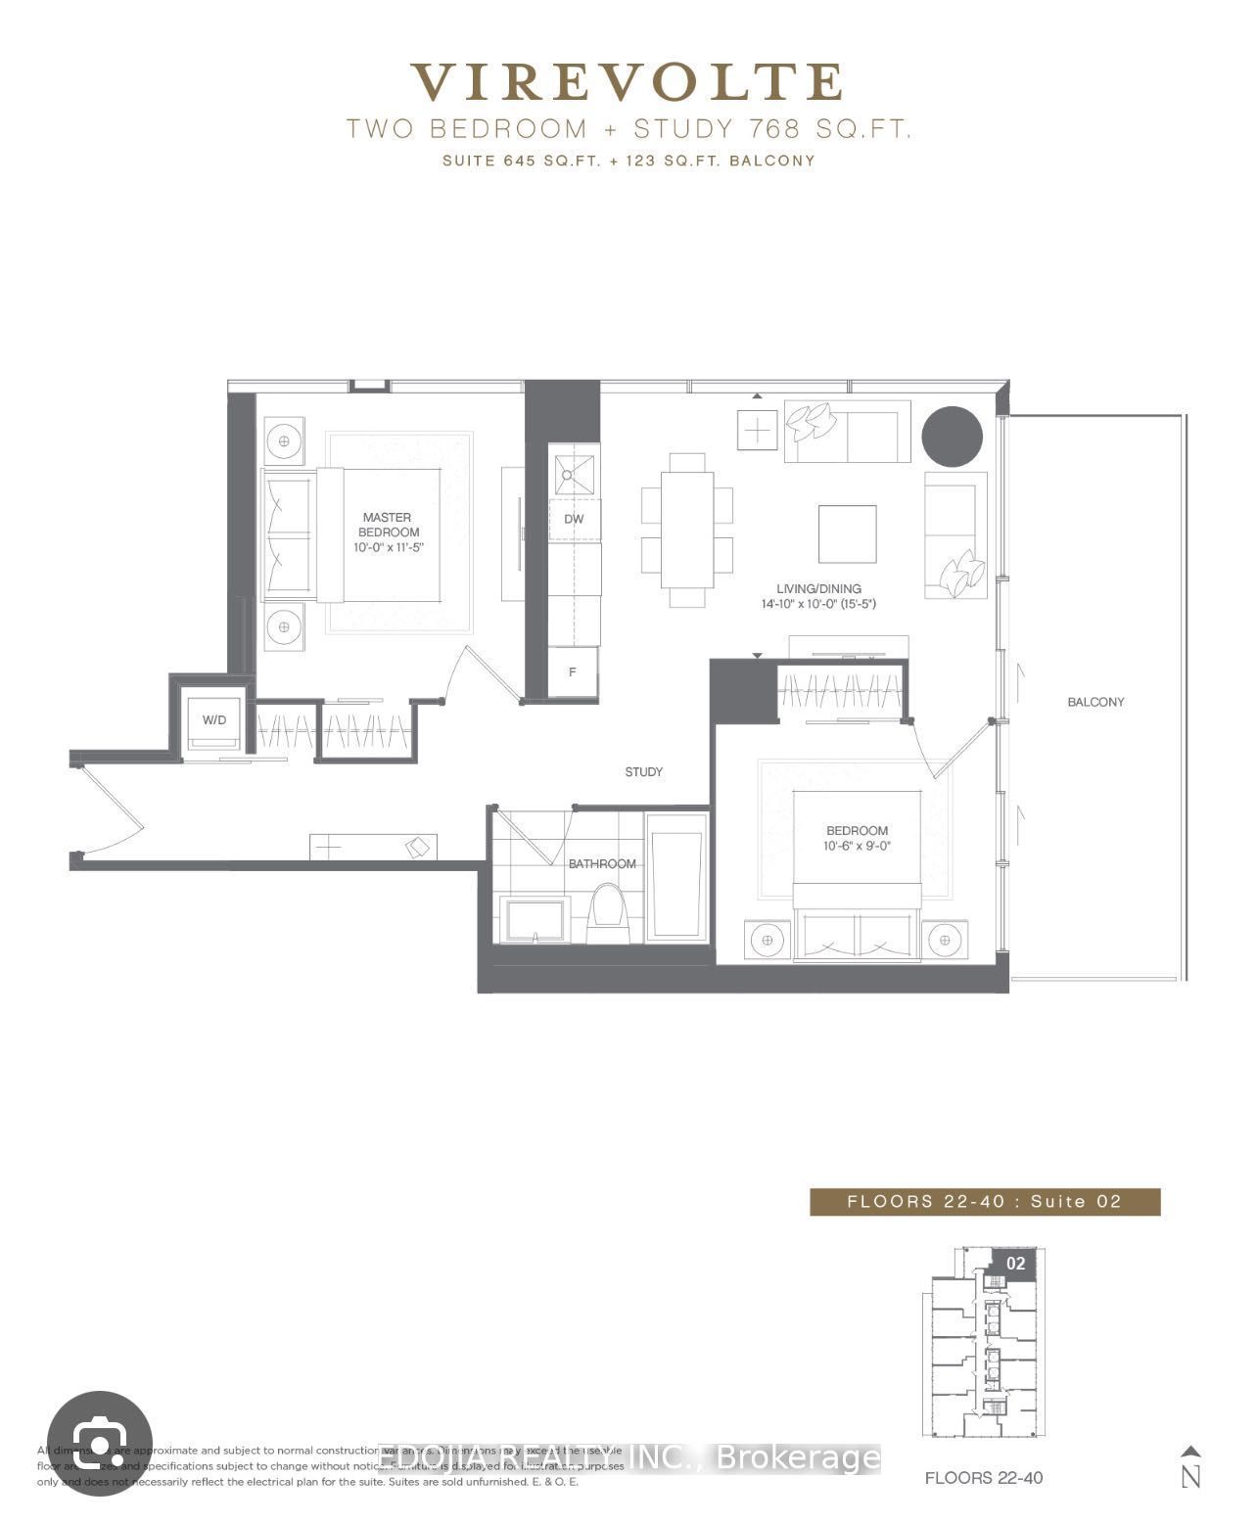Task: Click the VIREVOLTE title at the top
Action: [x=627, y=82]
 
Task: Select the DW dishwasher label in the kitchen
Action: [x=574, y=519]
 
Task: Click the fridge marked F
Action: [x=573, y=673]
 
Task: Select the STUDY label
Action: [x=643, y=772]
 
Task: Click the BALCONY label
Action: [x=1095, y=702]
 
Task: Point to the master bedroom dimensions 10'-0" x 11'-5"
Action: [x=388, y=548]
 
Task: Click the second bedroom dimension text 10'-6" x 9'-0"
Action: [x=857, y=846]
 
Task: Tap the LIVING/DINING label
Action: [x=818, y=589]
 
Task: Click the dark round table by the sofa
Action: [x=952, y=436]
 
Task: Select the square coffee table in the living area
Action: [x=847, y=533]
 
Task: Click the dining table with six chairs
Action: [x=687, y=530]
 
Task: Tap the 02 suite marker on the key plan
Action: [x=1015, y=1264]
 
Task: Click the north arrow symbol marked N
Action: [x=1190, y=1467]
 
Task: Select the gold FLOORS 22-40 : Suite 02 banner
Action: [x=984, y=1202]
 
